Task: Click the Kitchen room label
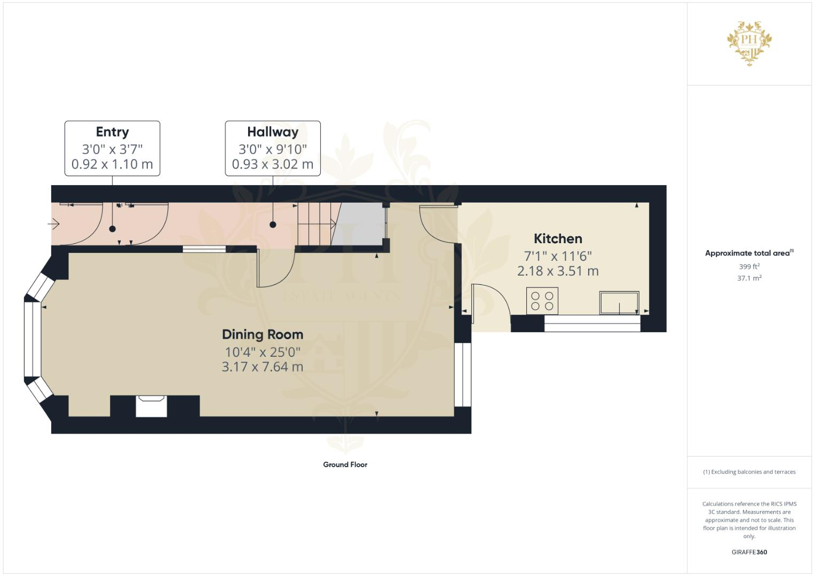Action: (558, 238)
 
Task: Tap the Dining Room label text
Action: (263, 334)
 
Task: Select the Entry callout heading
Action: (112, 132)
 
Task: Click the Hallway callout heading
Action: (273, 132)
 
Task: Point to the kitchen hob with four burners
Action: (542, 301)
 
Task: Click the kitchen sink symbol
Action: (619, 303)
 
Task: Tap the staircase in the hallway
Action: (316, 224)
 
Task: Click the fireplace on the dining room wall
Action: (152, 406)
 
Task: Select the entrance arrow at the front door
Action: (54, 224)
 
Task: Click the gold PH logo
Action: (749, 43)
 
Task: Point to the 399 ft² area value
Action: (749, 267)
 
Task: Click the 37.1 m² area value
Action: (749, 278)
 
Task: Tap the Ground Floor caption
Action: (345, 465)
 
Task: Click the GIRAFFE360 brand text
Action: (749, 552)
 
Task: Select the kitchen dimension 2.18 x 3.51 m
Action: (558, 271)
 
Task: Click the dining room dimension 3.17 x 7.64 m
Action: (263, 367)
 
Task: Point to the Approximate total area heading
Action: (748, 253)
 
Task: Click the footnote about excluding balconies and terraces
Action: (749, 472)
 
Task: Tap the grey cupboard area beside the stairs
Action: (359, 223)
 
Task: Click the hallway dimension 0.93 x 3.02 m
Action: (273, 164)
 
